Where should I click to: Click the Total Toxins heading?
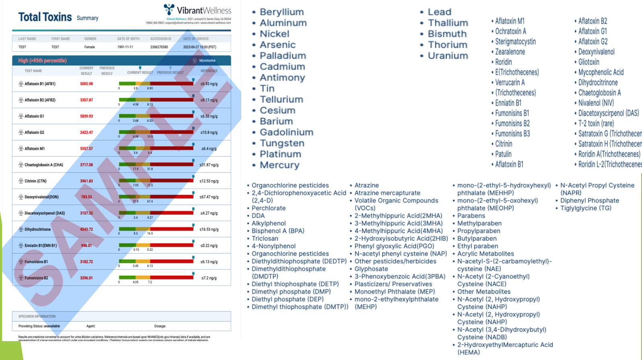(x=45, y=17)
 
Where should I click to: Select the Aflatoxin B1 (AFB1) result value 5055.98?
(x=86, y=84)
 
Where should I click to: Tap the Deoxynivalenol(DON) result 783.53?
(x=86, y=197)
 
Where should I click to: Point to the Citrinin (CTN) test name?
(x=35, y=181)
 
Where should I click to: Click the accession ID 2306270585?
(x=159, y=47)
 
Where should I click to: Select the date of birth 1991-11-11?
(x=125, y=47)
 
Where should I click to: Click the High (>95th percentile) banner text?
(x=42, y=61)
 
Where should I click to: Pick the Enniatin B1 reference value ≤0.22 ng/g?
(x=209, y=245)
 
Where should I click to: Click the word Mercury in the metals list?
(x=279, y=165)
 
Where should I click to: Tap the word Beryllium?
(x=281, y=12)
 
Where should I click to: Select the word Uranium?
(x=448, y=56)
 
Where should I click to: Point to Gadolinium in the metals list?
(x=286, y=132)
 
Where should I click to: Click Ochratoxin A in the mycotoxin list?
(x=511, y=31)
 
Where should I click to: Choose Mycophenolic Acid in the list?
(x=601, y=72)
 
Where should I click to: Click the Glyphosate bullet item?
(x=371, y=269)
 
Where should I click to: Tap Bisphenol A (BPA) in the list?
(x=278, y=231)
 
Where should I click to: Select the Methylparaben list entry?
(x=479, y=223)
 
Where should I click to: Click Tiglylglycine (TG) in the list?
(x=586, y=208)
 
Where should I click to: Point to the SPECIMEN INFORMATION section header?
(x=37, y=317)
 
